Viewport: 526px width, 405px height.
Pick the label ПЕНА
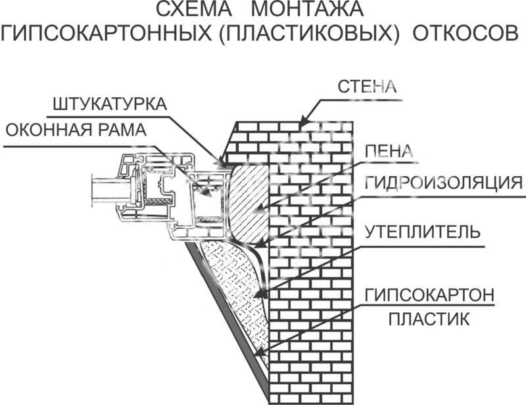click(388, 152)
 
